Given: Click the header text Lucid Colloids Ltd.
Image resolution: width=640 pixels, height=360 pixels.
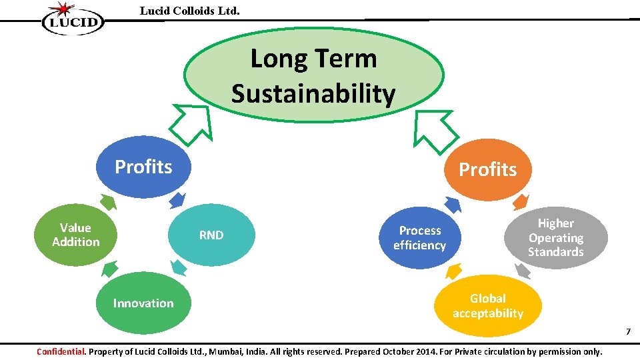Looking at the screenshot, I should pos(189,11).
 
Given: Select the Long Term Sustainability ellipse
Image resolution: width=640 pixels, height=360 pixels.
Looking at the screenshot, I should pos(313,76).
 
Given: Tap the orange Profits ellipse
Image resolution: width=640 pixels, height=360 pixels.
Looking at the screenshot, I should pos(487,169).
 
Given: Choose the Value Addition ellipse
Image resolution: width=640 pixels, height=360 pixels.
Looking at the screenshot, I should pos(75,235).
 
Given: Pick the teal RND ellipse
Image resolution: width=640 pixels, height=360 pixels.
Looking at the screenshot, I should pos(211,235).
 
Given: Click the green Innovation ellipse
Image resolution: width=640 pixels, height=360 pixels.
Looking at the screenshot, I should pos(143,303).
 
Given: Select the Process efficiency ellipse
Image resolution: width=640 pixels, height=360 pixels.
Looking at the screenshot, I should pos(419,238).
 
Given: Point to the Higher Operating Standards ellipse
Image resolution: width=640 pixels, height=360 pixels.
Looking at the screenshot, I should pos(555,237).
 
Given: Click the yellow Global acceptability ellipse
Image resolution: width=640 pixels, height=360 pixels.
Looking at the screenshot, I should pos(487,306).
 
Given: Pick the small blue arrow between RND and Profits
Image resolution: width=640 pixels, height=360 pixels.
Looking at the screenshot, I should pos(177,200).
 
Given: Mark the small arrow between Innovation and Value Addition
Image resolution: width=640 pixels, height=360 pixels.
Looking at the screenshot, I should pos(109,268).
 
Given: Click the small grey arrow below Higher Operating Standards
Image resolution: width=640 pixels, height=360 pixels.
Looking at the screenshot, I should pos(523,270).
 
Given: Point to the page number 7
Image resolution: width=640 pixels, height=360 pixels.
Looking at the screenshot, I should pos(627,332).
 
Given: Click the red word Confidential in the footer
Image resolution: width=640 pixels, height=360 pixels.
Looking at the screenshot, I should pos(61,351).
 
